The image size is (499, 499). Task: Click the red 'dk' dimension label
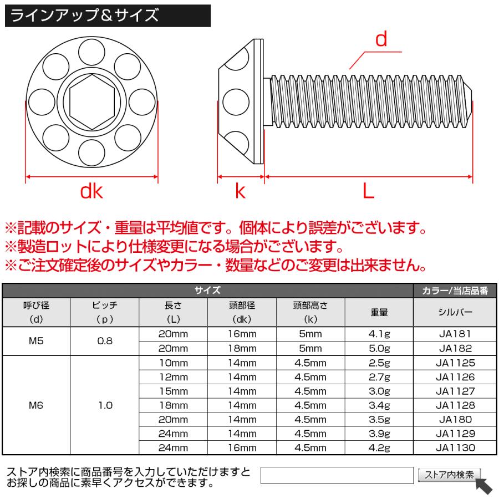[91, 191]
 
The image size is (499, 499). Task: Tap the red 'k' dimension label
[240, 191]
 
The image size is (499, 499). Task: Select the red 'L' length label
[368, 191]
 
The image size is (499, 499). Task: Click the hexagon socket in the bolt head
[92, 101]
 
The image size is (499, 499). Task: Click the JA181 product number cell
[455, 334]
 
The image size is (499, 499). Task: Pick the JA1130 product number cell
[455, 447]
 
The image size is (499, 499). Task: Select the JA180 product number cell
[455, 420]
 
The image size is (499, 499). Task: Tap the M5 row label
[37, 342]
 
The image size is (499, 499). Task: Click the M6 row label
[37, 405]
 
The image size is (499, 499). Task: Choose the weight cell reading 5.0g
[379, 349]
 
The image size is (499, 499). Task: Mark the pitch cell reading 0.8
[105, 342]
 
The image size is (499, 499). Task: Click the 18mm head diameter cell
[242, 349]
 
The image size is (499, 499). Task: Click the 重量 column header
[379, 312]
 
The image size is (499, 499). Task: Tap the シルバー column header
[455, 312]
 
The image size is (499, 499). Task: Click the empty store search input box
[337, 475]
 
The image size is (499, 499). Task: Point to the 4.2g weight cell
[379, 447]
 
